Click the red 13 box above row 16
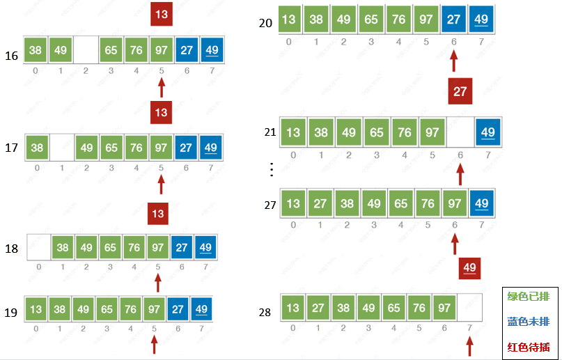coord(162,14)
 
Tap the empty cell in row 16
coord(86,50)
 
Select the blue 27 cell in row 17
coord(187,147)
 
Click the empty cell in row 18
coord(38,248)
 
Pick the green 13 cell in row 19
coord(36,308)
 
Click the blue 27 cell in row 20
coord(453,19)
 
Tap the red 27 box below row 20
coord(460,91)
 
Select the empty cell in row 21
coord(459,132)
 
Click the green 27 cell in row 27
coord(320,203)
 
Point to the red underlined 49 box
coord(470,268)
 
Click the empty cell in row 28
coord(469,308)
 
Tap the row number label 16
coord(11,55)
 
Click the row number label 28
coord(265,312)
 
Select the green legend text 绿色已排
coord(529,297)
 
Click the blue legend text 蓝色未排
coord(529,321)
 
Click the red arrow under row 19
coord(154,344)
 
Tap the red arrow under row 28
coord(470,346)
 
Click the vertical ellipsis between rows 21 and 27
coord(272,168)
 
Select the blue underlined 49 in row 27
coord(481,203)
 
